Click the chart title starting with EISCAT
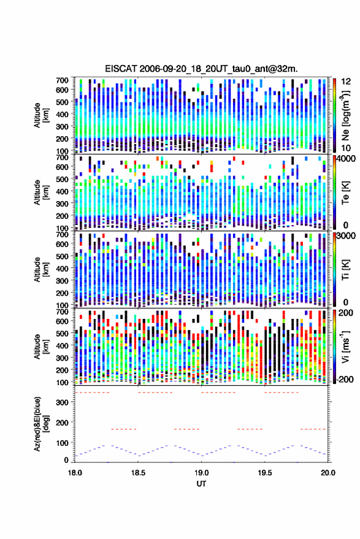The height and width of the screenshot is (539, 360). point(201,69)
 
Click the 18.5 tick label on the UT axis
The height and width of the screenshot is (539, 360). point(138,473)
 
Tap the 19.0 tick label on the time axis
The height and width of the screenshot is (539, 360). point(202,473)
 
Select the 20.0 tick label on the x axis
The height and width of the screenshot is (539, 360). point(328,473)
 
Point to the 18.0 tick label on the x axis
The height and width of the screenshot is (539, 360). point(75,473)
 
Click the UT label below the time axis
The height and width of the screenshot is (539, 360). point(202,484)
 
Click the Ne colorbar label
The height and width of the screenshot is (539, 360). point(345,115)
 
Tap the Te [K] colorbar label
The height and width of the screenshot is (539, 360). point(345,193)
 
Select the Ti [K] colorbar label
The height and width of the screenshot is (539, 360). point(345,270)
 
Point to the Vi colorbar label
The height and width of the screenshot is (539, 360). point(345,347)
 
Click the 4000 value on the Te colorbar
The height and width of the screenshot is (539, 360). point(347,159)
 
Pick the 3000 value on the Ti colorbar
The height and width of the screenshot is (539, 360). point(347,236)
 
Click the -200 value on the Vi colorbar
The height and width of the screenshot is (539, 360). point(345,380)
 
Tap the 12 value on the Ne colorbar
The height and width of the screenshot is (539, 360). point(347,82)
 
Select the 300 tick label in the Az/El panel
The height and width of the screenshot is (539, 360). point(62,402)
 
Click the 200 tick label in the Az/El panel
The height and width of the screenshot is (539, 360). point(62,422)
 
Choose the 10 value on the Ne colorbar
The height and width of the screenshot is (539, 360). point(347,148)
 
